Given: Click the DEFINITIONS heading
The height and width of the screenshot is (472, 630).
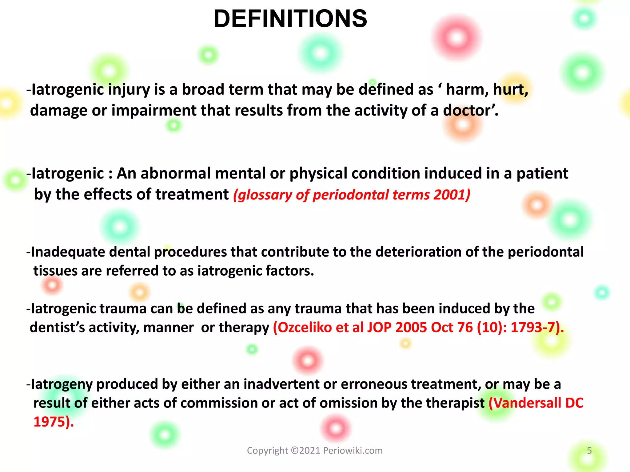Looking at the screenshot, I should (290, 19).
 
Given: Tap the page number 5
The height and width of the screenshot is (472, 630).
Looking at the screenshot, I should (589, 450).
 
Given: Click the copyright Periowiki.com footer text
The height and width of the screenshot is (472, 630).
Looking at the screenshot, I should (315, 450).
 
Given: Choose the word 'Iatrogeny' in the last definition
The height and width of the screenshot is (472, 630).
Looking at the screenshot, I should (62, 384).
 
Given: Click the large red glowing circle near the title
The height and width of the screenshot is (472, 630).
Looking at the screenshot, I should (457, 38).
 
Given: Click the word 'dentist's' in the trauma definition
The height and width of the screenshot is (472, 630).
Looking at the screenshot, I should (57, 328).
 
